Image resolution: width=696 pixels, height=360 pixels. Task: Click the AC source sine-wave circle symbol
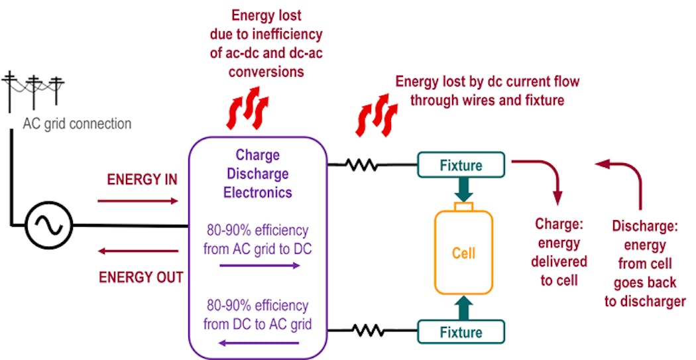pyautogui.click(x=49, y=226)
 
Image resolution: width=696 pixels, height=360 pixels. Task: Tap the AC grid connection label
pyautogui.click(x=77, y=124)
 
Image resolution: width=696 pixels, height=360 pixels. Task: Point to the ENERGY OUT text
pyautogui.click(x=141, y=276)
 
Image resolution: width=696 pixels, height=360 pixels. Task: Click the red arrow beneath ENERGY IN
pyautogui.click(x=137, y=200)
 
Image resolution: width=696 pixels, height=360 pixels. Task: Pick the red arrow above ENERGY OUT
pyautogui.click(x=137, y=251)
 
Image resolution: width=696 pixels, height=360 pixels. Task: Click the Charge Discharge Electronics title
pyautogui.click(x=258, y=174)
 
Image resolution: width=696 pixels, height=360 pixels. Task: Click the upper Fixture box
pyautogui.click(x=461, y=164)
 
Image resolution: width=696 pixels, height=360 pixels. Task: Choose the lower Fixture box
pyautogui.click(x=461, y=330)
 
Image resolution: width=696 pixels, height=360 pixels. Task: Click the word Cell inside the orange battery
pyautogui.click(x=463, y=253)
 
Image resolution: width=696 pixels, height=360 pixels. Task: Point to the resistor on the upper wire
pyautogui.click(x=361, y=164)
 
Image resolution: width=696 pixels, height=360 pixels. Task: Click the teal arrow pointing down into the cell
pyautogui.click(x=463, y=189)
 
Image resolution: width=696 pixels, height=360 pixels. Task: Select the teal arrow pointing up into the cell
pyautogui.click(x=463, y=306)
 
